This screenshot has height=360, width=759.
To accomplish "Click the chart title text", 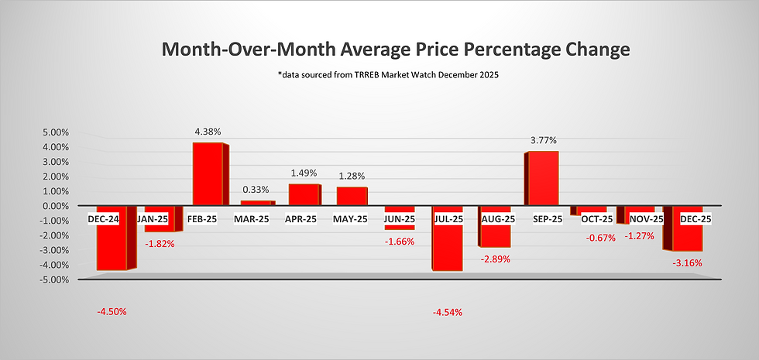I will pyautogui.click(x=396, y=50).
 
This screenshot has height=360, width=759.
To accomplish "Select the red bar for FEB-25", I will pyautogui.click(x=208, y=174).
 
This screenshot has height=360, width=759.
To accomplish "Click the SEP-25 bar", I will pyautogui.click(x=543, y=178).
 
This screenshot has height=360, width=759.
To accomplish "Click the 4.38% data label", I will pyautogui.click(x=207, y=132).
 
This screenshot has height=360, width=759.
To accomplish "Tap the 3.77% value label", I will pyautogui.click(x=543, y=141).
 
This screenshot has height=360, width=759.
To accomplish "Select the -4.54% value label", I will pyautogui.click(x=448, y=312).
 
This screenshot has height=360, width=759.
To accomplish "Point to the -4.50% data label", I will pyautogui.click(x=112, y=312).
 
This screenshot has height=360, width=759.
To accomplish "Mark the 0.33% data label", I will pyautogui.click(x=256, y=190).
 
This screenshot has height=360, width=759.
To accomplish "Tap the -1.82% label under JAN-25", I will pyautogui.click(x=160, y=243).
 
